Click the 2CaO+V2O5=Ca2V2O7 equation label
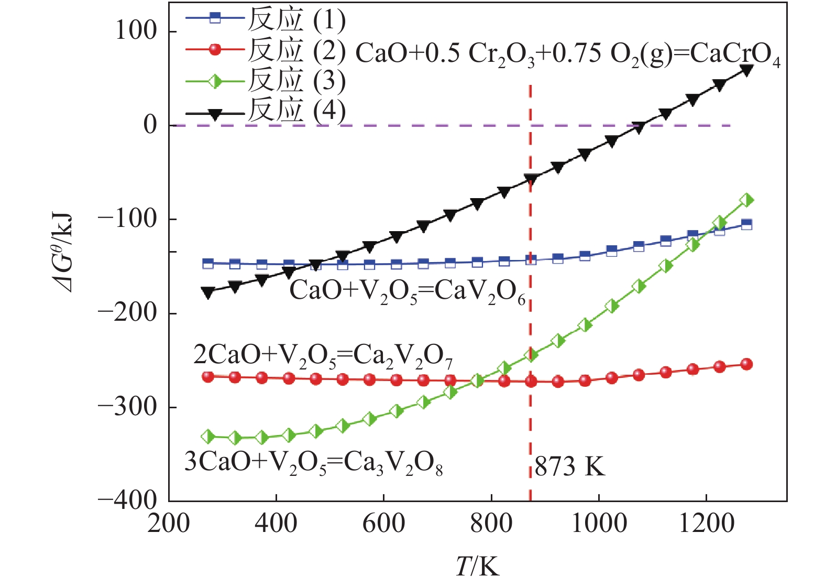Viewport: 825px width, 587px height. [323, 357]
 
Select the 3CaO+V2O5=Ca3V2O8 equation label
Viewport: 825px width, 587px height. [313, 463]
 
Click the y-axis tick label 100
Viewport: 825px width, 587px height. [136, 31]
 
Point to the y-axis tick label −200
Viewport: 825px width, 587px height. [127, 313]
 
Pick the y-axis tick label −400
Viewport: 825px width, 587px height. [127, 499]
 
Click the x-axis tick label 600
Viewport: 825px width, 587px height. [383, 524]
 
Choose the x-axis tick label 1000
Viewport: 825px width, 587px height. [599, 524]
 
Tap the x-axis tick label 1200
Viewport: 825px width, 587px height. [706, 524]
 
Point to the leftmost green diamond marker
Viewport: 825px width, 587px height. [208, 436]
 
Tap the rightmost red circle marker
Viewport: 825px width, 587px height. [746, 364]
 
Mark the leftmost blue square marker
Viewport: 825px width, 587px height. [208, 263]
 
